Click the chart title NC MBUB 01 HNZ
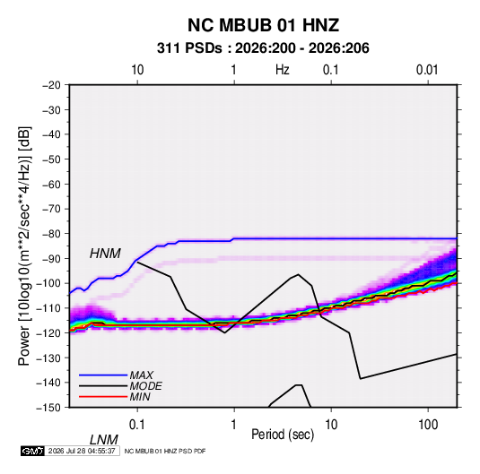coord(263,25)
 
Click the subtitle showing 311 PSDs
coord(263,48)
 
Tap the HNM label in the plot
coord(105,254)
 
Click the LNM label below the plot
coord(104,440)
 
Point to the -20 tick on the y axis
coord(51,85)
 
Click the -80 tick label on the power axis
coord(51,234)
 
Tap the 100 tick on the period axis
coord(428,425)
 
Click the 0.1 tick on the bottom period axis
coord(137,425)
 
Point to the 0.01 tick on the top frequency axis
coord(427,70)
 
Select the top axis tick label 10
coord(137,70)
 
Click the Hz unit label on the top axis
coord(283,70)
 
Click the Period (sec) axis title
coord(283,435)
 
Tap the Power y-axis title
coord(24,246)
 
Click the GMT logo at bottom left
coord(32,451)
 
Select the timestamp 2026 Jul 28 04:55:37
coord(82,451)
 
